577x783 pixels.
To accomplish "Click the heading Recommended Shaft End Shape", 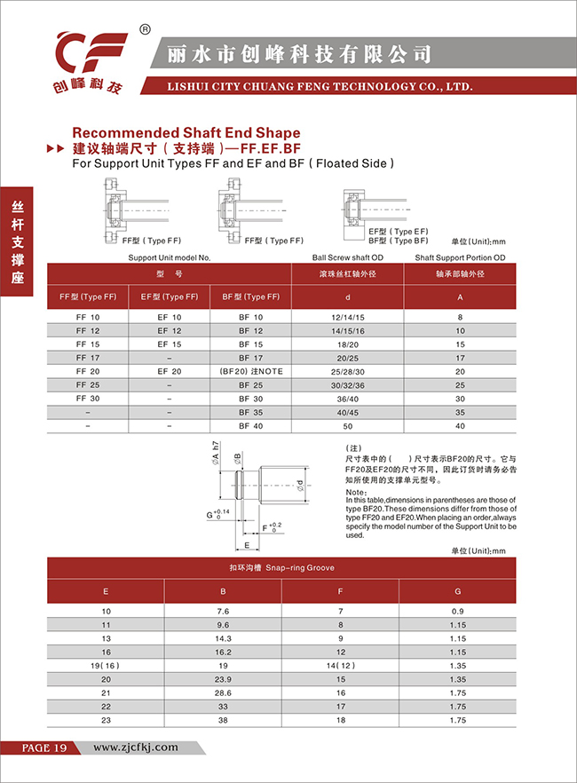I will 185,132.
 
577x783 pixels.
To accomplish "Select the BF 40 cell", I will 250,426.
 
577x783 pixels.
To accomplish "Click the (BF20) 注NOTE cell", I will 250,371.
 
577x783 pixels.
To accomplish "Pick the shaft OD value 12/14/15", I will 347,317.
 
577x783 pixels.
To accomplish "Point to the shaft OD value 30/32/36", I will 347,385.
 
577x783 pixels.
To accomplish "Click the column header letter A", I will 460,297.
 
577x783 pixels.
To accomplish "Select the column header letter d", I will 347,297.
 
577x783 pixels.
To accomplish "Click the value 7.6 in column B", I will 223,612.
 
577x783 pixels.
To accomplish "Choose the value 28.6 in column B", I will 223,692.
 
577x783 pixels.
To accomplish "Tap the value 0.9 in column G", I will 458,612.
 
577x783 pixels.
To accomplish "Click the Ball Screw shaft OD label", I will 347,257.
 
